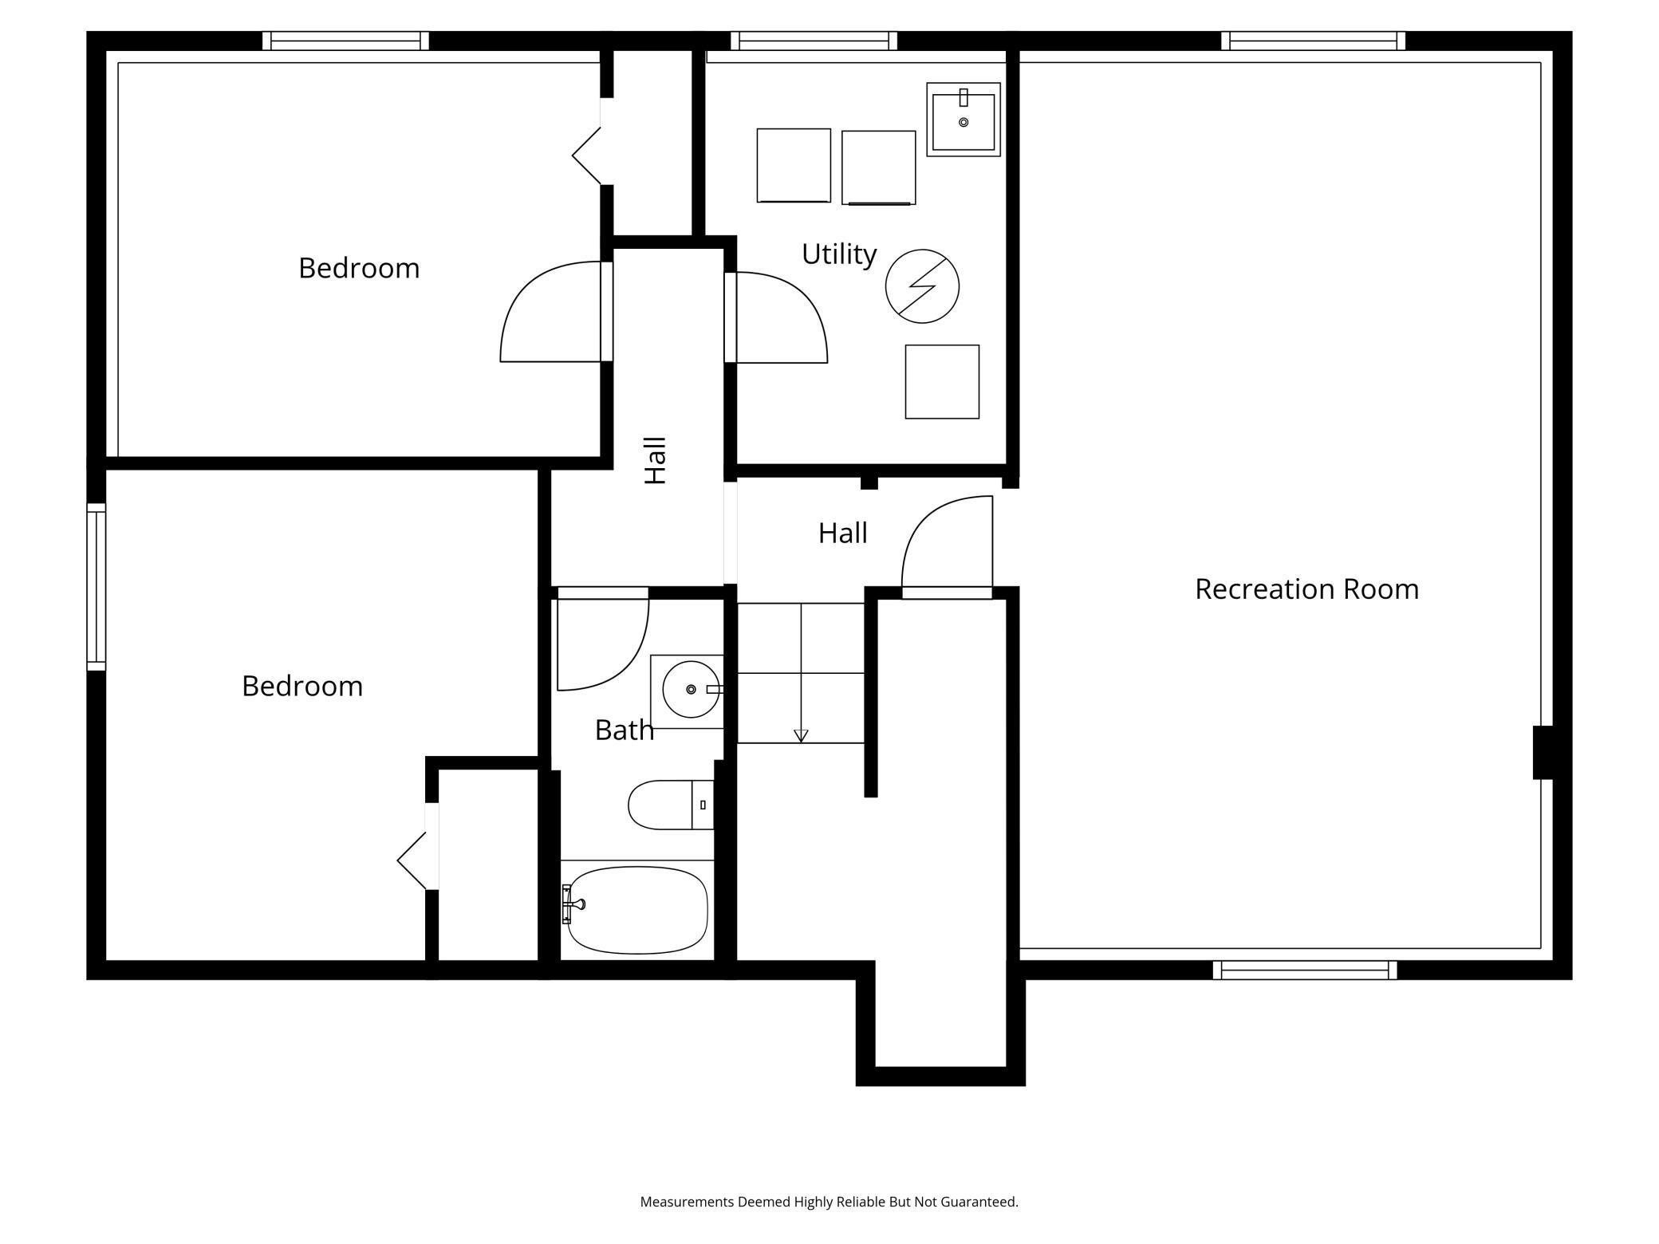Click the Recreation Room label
1306,589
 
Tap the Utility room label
839,254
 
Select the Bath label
625,730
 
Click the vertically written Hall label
655,460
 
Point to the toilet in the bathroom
671,805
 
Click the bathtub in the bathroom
637,910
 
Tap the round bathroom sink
691,690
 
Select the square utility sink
963,120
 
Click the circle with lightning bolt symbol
922,286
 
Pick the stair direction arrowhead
802,736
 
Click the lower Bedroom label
302,687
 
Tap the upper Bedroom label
359,269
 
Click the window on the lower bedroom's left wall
96,587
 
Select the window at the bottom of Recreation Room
1305,970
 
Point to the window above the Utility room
814,41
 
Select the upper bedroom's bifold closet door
586,156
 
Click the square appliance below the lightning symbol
942,382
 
